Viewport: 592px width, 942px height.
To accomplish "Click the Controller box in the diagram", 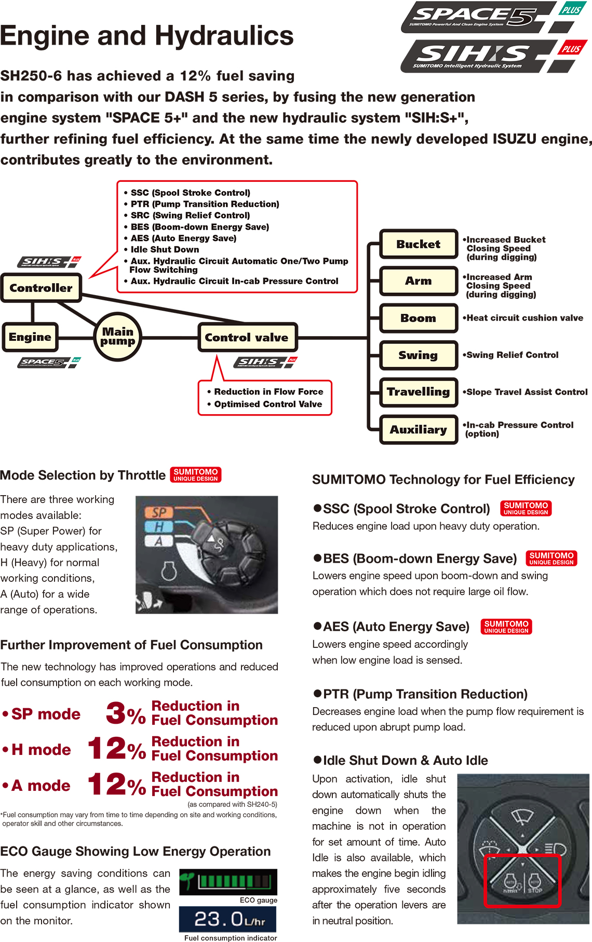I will [41, 288].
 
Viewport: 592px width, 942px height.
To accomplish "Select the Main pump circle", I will [118, 337].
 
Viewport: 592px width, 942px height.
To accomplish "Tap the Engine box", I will [30, 337].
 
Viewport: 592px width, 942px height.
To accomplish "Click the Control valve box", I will [247, 338].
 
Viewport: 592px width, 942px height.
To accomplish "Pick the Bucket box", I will [418, 244].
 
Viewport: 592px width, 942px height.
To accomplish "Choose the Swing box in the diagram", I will [418, 355].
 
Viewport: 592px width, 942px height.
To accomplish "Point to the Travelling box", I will [418, 392].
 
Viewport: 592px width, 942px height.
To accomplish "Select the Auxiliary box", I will [418, 430].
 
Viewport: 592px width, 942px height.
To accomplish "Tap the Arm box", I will [418, 281].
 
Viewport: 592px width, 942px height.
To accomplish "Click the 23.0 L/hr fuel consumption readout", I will [227, 920].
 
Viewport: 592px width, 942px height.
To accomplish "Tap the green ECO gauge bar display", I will [228, 881].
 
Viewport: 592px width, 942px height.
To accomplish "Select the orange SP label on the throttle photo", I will [159, 512].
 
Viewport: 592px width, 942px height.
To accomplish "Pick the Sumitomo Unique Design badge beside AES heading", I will [506, 627].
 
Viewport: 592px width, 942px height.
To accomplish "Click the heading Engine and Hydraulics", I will [147, 36].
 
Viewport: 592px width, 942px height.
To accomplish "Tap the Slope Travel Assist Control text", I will [527, 392].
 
